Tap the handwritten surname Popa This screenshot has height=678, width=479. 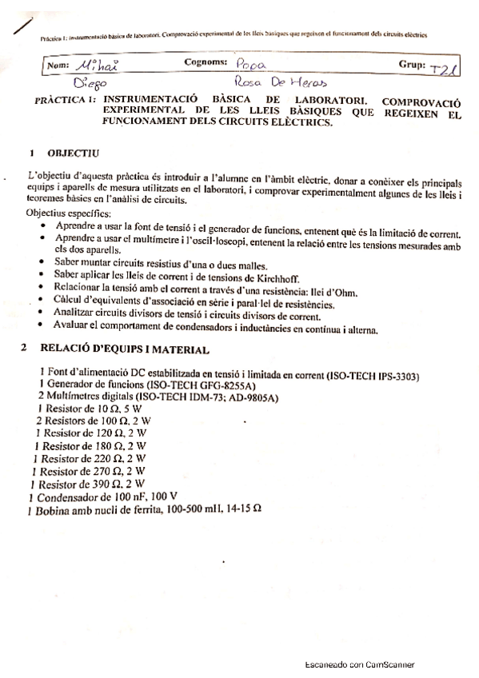click(253, 64)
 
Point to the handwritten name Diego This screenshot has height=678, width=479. click(90, 83)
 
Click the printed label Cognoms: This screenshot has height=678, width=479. click(206, 62)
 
